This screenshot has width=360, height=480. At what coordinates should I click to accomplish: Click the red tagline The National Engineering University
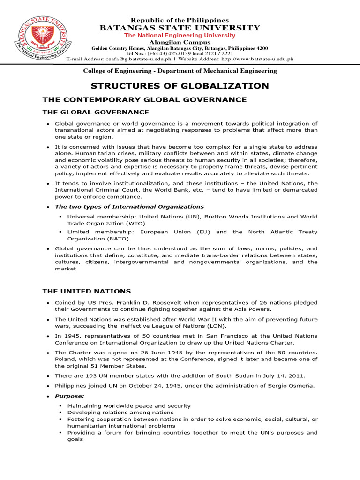(x=180, y=36)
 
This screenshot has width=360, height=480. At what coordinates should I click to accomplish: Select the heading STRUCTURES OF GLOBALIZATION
(x=180, y=86)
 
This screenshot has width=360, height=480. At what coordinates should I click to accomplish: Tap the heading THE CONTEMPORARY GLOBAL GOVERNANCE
(x=144, y=99)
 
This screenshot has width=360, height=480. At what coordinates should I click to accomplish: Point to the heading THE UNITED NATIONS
(x=87, y=292)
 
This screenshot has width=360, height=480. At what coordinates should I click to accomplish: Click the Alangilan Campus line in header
(x=180, y=42)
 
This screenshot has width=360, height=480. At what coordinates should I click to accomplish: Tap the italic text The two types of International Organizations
(x=129, y=207)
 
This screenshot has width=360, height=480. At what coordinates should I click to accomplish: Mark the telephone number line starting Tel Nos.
(x=180, y=53)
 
